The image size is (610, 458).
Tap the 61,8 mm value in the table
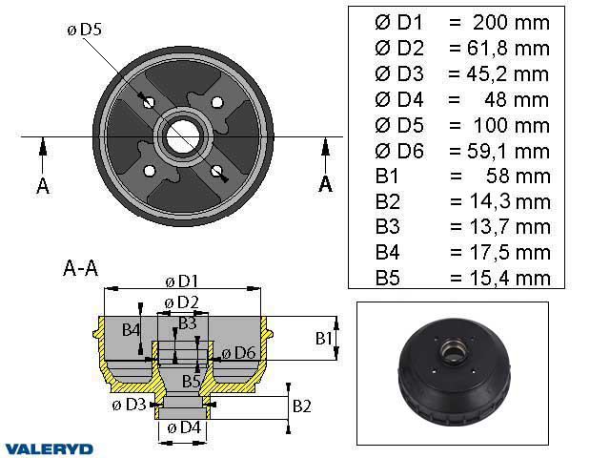506,47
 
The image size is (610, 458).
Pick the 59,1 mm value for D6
506,150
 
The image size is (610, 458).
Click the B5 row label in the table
388,278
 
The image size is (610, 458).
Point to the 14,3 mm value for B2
506,200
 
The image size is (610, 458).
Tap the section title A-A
80,268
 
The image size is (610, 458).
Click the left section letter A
42,185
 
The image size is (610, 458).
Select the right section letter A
325,184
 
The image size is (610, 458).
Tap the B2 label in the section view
301,405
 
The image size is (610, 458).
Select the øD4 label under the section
182,427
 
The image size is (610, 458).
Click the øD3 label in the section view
129,405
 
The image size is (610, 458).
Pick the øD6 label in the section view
237,354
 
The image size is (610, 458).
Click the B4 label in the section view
132,330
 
